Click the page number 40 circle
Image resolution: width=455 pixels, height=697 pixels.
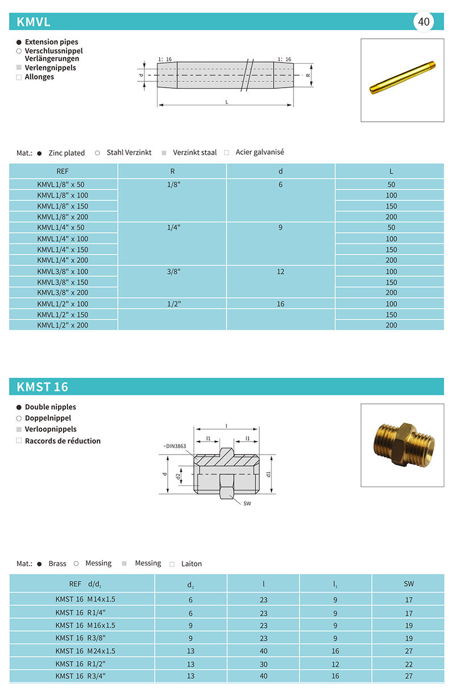(424, 22)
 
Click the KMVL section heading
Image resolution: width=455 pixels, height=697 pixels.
(34, 22)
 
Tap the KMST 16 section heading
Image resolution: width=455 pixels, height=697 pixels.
(43, 387)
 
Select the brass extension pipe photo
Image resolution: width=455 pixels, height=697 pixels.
(402, 80)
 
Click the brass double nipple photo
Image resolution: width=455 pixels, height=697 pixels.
(402, 445)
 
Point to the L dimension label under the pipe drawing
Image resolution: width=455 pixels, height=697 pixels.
(227, 102)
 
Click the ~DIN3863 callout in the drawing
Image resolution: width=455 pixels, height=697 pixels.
(175, 446)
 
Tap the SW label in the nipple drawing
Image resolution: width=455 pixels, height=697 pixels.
(247, 504)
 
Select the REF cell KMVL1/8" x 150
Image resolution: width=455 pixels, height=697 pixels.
(63, 206)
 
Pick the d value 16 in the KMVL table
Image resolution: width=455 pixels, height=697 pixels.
(280, 304)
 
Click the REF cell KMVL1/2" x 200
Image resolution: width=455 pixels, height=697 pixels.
(63, 325)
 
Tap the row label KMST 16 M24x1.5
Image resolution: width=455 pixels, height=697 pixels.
(85, 651)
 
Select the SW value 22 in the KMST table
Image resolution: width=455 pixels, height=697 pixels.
(409, 664)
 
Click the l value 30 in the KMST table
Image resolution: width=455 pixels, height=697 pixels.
(263, 664)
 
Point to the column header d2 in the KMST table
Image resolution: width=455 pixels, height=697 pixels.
(191, 584)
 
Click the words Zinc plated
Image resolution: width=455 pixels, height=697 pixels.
(67, 153)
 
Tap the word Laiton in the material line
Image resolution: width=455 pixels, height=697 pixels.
(191, 564)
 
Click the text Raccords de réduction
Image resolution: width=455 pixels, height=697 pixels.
(63, 441)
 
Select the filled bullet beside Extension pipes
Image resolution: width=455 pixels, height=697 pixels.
(19, 42)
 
